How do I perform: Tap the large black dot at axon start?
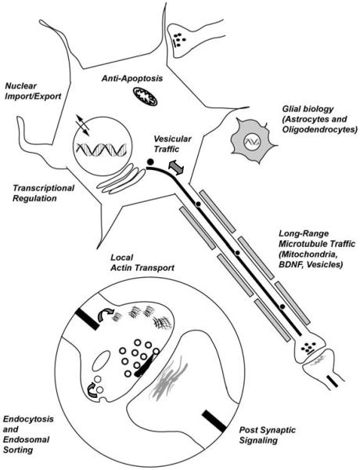[149, 161]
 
